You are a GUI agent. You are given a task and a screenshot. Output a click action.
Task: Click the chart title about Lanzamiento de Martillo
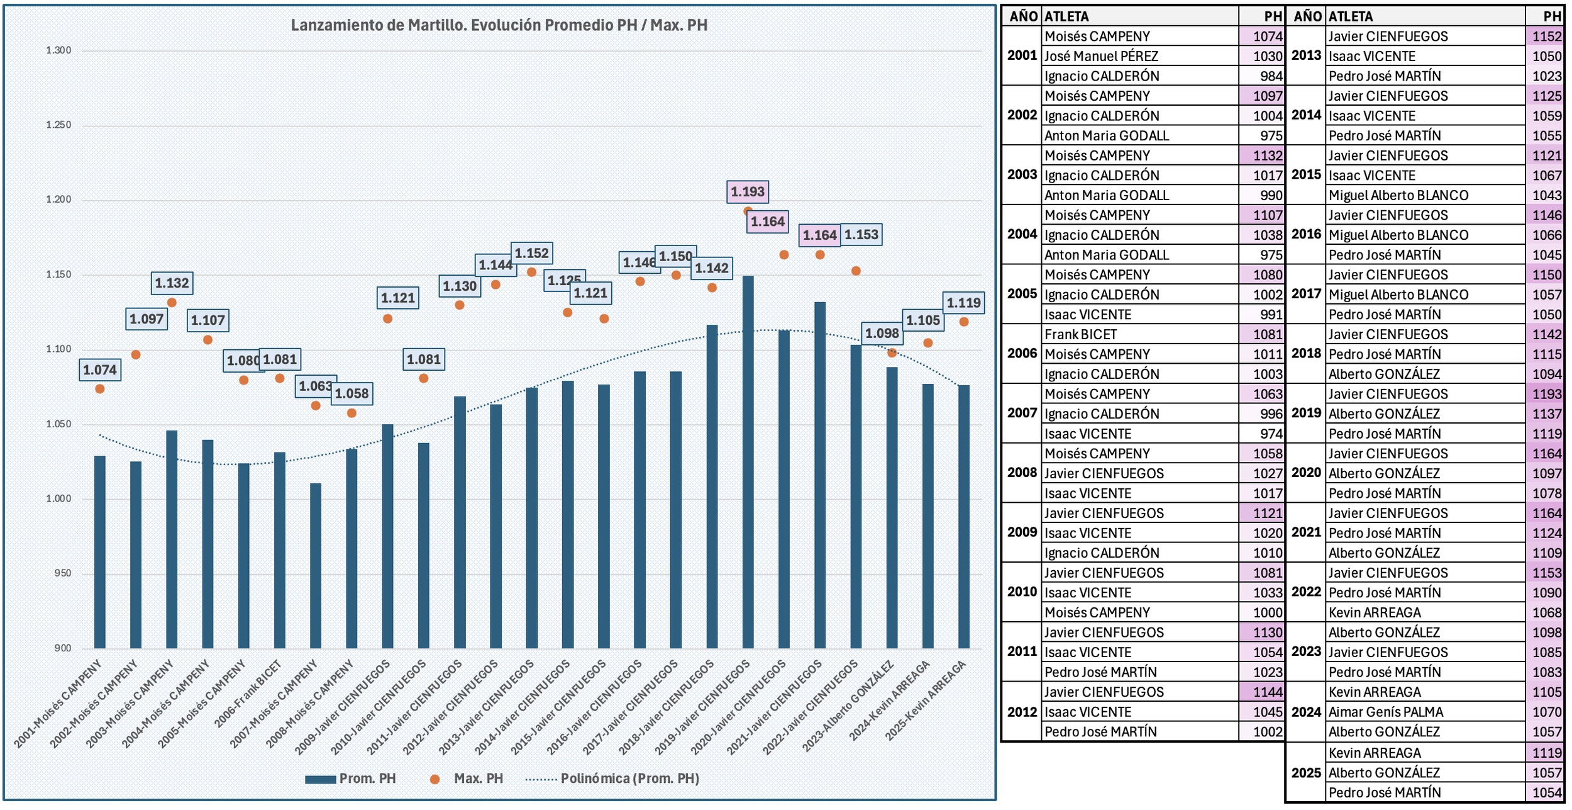pos(499,25)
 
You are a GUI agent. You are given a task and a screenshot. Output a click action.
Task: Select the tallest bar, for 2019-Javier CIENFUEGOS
pos(748,463)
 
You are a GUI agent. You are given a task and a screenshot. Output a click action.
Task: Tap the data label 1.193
pos(748,192)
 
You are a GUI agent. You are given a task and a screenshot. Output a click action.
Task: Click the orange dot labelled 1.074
pos(100,389)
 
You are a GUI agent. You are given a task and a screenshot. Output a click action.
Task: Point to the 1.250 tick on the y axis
pos(58,125)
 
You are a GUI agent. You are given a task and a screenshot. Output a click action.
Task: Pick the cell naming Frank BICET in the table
pos(1080,335)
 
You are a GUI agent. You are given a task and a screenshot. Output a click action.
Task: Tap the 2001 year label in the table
pos(1022,55)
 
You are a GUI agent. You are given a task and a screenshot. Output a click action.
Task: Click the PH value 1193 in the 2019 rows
pos(1546,395)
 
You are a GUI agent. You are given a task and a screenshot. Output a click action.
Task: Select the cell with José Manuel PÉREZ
pos(1101,57)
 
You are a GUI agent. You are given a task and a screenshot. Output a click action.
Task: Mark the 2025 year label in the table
pos(1306,773)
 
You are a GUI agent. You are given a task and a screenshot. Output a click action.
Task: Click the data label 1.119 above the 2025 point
pos(963,303)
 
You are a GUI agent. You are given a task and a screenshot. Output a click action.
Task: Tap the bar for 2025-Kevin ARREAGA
pos(963,516)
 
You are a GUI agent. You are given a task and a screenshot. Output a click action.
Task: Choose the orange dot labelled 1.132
pos(172,303)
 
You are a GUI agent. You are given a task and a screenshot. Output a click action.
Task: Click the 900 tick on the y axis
pos(63,648)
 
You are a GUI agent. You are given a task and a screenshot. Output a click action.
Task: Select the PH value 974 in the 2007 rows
pos(1271,434)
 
